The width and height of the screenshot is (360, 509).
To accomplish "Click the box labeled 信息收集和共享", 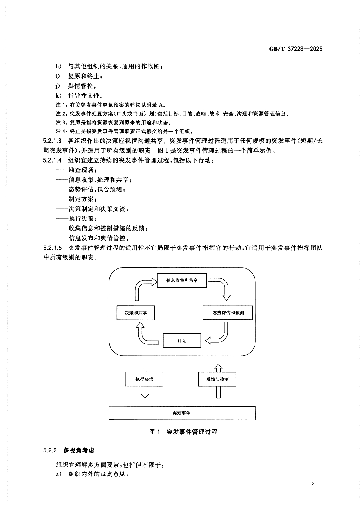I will [x=182, y=280].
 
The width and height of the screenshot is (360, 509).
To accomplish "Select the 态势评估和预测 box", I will [x=228, y=313].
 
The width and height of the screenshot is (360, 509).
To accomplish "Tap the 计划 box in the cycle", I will [x=182, y=340].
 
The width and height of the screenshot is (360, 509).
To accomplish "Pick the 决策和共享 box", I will [x=136, y=313].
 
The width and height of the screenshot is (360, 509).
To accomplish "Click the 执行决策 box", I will [x=144, y=379].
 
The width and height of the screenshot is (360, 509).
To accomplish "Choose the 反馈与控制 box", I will [x=217, y=379].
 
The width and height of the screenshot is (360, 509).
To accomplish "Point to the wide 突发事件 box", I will [x=182, y=413].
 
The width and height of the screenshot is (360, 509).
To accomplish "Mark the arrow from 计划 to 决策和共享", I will [x=143, y=335].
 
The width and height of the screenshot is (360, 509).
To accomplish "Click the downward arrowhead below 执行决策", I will [x=145, y=394].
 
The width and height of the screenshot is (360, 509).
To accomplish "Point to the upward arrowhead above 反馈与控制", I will [x=218, y=368].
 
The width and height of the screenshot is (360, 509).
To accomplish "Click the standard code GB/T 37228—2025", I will [x=296, y=49].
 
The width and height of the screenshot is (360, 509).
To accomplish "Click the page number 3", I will [x=313, y=483].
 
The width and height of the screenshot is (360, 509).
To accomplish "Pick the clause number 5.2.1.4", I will [x=52, y=160].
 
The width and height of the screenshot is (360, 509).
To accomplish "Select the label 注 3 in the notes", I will [x=61, y=122].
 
